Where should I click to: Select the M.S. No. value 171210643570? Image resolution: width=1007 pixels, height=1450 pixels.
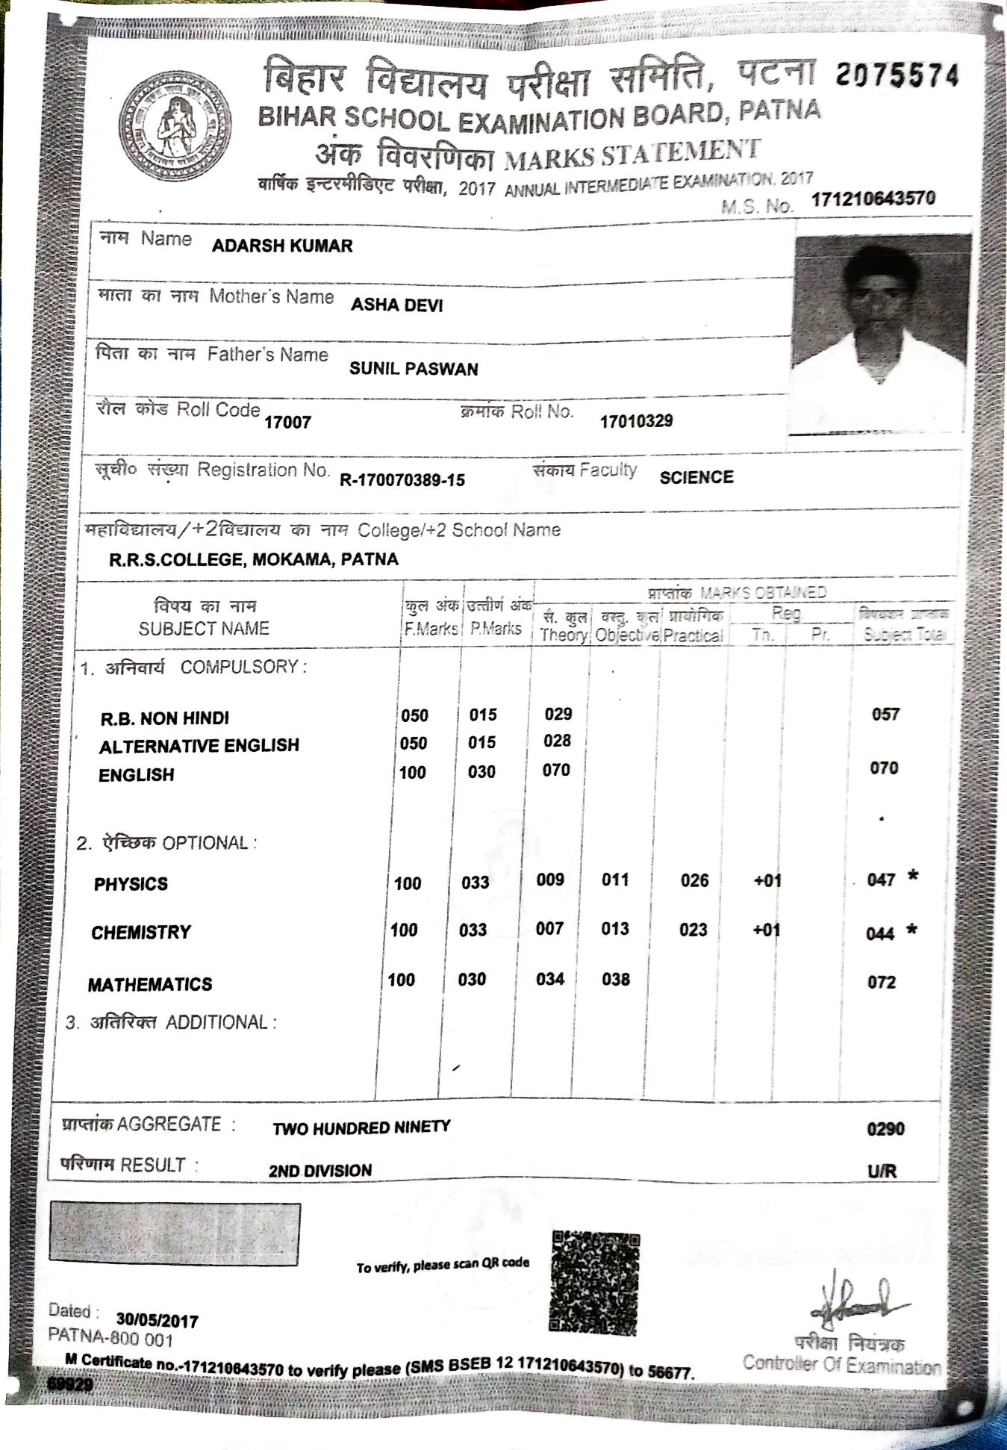[873, 199]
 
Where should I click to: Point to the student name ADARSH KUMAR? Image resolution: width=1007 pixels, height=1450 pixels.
[282, 246]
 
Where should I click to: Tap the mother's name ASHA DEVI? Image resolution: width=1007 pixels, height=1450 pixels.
[396, 305]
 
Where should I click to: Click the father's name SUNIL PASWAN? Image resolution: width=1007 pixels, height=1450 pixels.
[414, 369]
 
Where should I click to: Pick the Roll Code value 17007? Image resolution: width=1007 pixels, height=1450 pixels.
[287, 423]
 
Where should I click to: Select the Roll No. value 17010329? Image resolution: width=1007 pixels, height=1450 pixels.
[636, 421]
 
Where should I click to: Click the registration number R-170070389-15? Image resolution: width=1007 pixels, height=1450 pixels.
[402, 480]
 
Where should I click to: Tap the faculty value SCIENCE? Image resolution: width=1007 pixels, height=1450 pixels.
[696, 478]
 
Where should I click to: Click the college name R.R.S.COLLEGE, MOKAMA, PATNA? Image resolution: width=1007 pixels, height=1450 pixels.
[254, 560]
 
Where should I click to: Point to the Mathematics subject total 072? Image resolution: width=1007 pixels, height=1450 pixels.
[881, 982]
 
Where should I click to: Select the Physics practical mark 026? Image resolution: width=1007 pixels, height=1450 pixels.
[694, 881]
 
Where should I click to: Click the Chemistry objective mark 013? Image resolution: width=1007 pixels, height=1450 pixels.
[615, 929]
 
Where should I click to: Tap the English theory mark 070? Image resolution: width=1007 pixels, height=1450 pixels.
[556, 770]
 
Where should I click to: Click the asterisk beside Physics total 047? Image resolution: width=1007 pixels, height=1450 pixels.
[912, 877]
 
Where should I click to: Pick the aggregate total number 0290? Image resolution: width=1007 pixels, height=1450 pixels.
[885, 1129]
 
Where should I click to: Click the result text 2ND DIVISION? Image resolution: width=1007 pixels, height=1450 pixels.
[320, 1171]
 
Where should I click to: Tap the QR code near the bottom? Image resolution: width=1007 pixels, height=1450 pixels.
[595, 1283]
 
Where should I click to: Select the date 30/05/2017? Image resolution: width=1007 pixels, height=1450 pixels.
[157, 1321]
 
